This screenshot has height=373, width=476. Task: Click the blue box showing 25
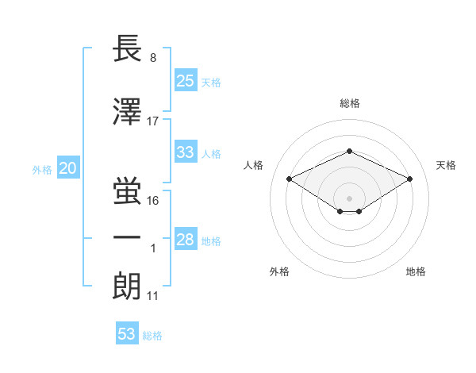185,80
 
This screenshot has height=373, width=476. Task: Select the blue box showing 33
185,152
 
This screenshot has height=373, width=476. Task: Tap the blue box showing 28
185,240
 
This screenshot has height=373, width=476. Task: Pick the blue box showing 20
67,168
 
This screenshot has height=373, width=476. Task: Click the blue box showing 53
127,334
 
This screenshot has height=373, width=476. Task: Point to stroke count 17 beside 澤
153,121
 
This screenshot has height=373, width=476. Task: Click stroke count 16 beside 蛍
153,200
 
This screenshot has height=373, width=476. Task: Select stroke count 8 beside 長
153,57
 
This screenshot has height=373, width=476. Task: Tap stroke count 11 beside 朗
153,297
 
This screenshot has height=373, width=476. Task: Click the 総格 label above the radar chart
349,103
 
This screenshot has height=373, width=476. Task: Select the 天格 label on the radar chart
446,165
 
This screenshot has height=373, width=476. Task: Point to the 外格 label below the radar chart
279,271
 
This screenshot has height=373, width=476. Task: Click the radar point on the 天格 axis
409,179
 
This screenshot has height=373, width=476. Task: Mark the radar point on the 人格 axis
289,179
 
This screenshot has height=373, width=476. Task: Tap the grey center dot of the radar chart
349,197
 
